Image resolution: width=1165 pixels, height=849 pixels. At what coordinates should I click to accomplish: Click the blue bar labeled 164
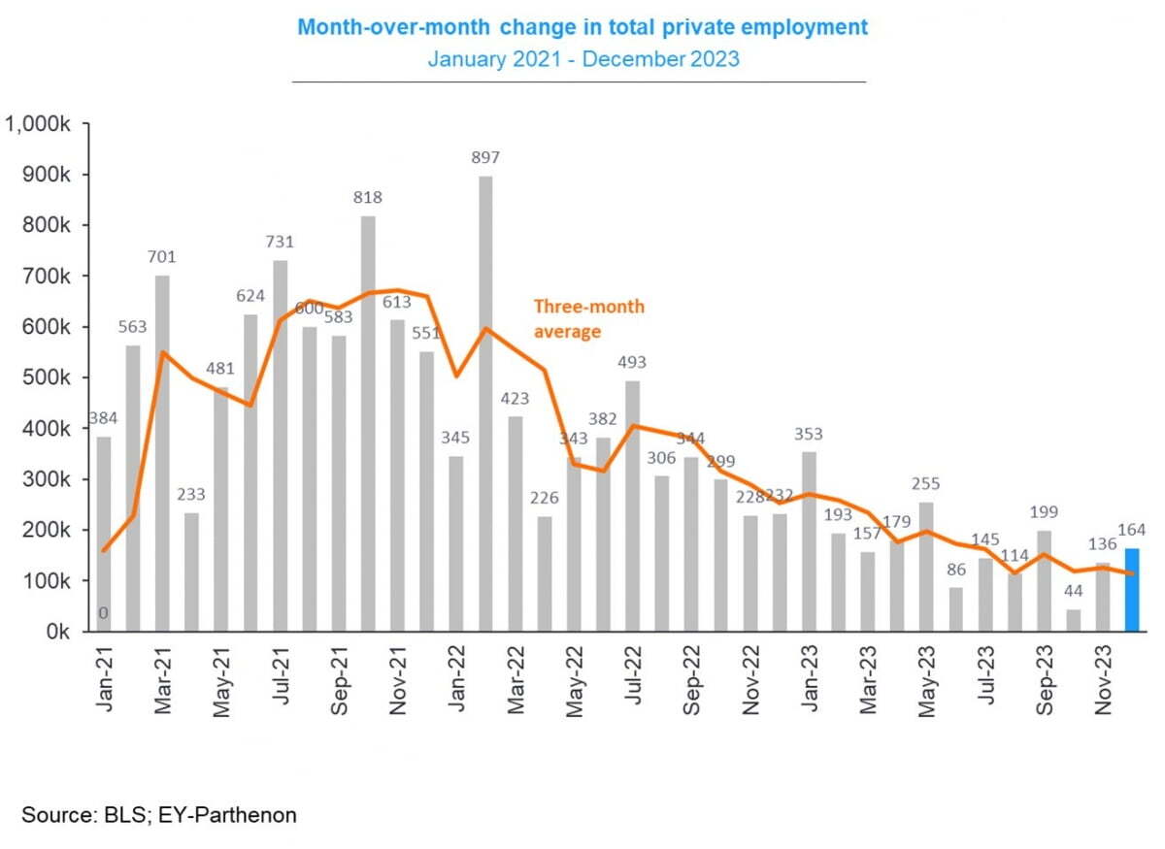click(1132, 590)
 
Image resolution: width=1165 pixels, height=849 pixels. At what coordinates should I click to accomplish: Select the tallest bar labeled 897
click(485, 403)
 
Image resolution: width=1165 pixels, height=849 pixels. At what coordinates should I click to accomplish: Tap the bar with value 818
click(368, 423)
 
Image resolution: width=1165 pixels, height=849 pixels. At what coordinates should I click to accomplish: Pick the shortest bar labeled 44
click(1074, 620)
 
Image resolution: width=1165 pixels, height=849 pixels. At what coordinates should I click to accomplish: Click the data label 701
click(162, 257)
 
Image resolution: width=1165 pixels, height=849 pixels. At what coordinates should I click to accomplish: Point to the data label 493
click(632, 363)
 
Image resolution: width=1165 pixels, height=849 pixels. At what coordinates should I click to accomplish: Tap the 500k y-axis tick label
click(50, 377)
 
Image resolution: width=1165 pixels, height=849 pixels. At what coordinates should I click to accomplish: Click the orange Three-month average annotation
click(588, 318)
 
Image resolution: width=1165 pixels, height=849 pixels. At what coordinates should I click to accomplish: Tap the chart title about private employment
click(582, 26)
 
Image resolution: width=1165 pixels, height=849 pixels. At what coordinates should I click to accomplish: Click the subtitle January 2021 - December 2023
click(583, 58)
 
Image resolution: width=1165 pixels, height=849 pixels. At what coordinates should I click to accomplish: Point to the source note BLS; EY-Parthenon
click(159, 814)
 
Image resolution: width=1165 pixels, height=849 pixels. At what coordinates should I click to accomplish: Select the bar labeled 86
click(956, 609)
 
